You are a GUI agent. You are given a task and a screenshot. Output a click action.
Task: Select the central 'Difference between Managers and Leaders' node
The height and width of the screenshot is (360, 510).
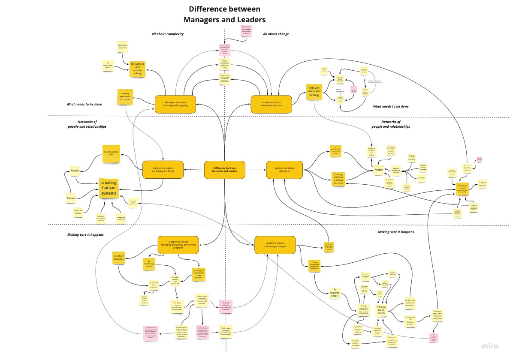tap(224, 170)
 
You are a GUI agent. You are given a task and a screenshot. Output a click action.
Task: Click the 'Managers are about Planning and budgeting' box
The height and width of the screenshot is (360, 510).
tap(175, 104)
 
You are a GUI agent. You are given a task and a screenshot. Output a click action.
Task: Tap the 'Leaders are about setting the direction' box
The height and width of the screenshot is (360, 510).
tap(271, 104)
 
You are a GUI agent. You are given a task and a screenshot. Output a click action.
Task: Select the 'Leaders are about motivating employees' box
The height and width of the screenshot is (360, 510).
tap(275, 245)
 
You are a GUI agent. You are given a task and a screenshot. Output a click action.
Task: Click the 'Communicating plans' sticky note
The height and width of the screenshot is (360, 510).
tap(111, 154)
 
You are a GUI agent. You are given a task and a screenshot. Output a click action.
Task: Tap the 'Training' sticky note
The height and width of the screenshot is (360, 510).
tap(71, 198)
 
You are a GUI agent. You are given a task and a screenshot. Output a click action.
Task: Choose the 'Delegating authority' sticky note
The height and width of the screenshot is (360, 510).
tap(121, 218)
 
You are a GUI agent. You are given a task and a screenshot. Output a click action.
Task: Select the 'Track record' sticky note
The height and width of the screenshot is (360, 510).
tap(412, 157)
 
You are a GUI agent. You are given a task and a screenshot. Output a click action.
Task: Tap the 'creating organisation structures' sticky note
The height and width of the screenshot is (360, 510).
tap(125, 97)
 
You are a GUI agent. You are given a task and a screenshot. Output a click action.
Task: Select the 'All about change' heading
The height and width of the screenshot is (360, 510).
tap(276, 34)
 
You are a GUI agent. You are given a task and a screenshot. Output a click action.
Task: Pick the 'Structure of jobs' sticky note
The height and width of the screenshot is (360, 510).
tap(78, 212)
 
